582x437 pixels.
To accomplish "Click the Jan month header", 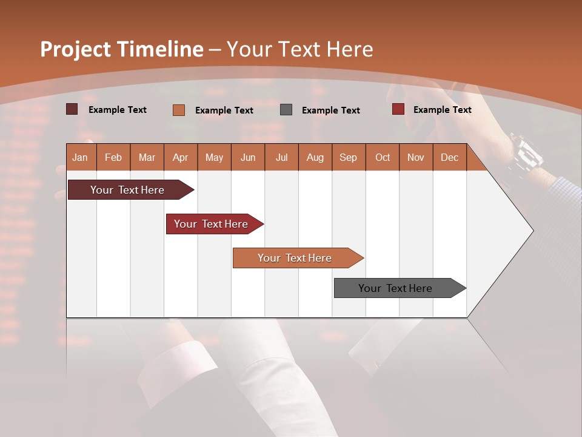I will [x=81, y=157].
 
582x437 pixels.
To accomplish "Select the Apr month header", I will [x=181, y=157].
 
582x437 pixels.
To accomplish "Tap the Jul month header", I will [x=281, y=157].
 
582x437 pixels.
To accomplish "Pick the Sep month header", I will [x=348, y=157].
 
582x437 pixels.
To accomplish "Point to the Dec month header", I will [x=449, y=157].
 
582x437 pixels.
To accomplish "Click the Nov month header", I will [x=416, y=157].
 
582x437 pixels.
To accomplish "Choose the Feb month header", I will [x=113, y=157].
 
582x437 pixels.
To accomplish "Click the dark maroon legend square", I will [x=72, y=109].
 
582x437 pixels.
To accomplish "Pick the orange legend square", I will [x=179, y=110].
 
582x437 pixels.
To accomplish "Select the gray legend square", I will [x=286, y=110].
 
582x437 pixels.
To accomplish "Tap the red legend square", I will [x=398, y=109].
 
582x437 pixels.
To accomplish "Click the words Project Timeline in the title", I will [x=121, y=49].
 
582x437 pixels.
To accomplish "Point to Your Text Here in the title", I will [x=299, y=49].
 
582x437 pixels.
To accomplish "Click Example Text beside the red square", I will [x=442, y=110].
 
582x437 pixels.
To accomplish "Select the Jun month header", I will [x=248, y=157].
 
